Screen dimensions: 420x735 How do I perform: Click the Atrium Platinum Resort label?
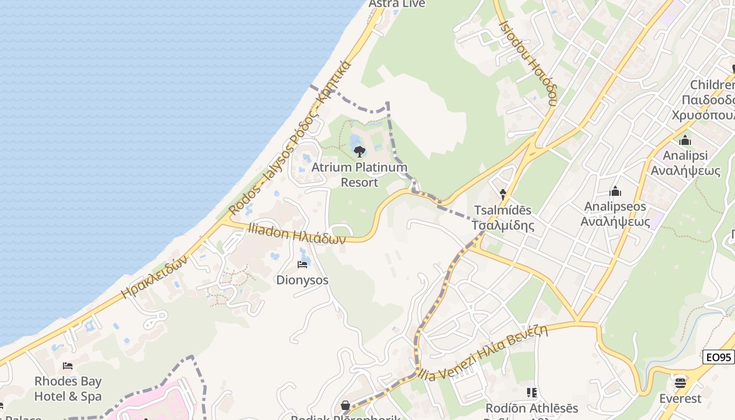(x=359, y=175)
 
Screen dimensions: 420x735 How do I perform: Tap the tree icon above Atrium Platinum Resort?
(x=360, y=152)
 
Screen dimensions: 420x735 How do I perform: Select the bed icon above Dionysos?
(x=302, y=264)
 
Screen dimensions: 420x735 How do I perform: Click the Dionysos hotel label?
(x=302, y=280)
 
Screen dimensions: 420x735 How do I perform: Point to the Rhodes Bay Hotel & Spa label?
(x=68, y=388)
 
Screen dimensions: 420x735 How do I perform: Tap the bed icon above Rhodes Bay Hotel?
(x=68, y=366)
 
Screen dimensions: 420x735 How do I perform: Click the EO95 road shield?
(x=718, y=358)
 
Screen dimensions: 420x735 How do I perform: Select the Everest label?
(x=680, y=398)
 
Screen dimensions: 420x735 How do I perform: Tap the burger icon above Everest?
(x=680, y=382)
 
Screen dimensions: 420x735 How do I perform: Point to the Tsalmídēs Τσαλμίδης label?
(x=502, y=218)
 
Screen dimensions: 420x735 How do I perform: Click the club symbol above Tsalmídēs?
(x=502, y=194)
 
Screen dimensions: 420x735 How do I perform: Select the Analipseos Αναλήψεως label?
(x=615, y=214)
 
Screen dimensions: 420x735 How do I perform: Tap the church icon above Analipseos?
(x=615, y=191)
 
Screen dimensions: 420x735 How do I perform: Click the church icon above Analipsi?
(x=685, y=140)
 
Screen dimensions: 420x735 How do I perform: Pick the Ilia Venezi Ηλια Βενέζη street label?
(x=483, y=352)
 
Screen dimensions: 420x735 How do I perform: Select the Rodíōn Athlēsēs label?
(x=531, y=408)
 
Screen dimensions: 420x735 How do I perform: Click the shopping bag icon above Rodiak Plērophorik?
(x=346, y=405)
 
